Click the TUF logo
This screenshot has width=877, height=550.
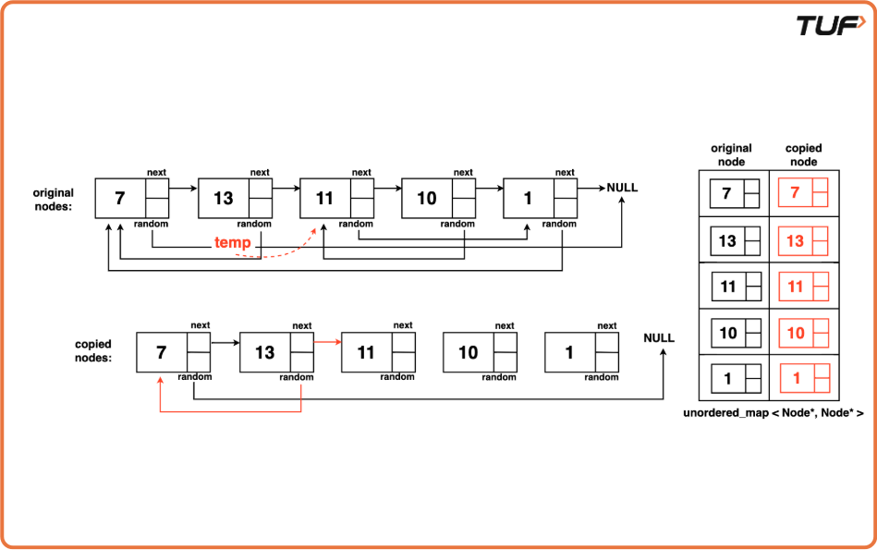click(x=832, y=25)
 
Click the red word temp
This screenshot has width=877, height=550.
click(x=233, y=242)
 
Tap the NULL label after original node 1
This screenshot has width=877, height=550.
click(x=622, y=188)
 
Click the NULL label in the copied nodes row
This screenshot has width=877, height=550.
click(x=659, y=338)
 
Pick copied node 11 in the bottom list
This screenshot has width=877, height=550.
click(x=379, y=352)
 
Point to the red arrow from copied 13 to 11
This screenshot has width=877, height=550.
click(x=328, y=341)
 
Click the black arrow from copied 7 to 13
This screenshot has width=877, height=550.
click(x=225, y=341)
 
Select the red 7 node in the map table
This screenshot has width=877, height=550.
click(x=803, y=193)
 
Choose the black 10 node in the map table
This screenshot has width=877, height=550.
click(x=735, y=332)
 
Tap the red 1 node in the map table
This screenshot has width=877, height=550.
click(x=803, y=378)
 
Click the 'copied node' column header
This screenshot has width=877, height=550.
click(x=803, y=154)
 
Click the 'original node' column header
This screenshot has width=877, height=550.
click(x=731, y=154)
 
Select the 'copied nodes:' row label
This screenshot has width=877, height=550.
click(x=93, y=350)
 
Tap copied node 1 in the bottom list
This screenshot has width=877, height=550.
click(x=581, y=352)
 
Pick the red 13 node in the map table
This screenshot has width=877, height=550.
click(x=803, y=240)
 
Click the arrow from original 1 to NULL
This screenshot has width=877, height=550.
click(x=591, y=188)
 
